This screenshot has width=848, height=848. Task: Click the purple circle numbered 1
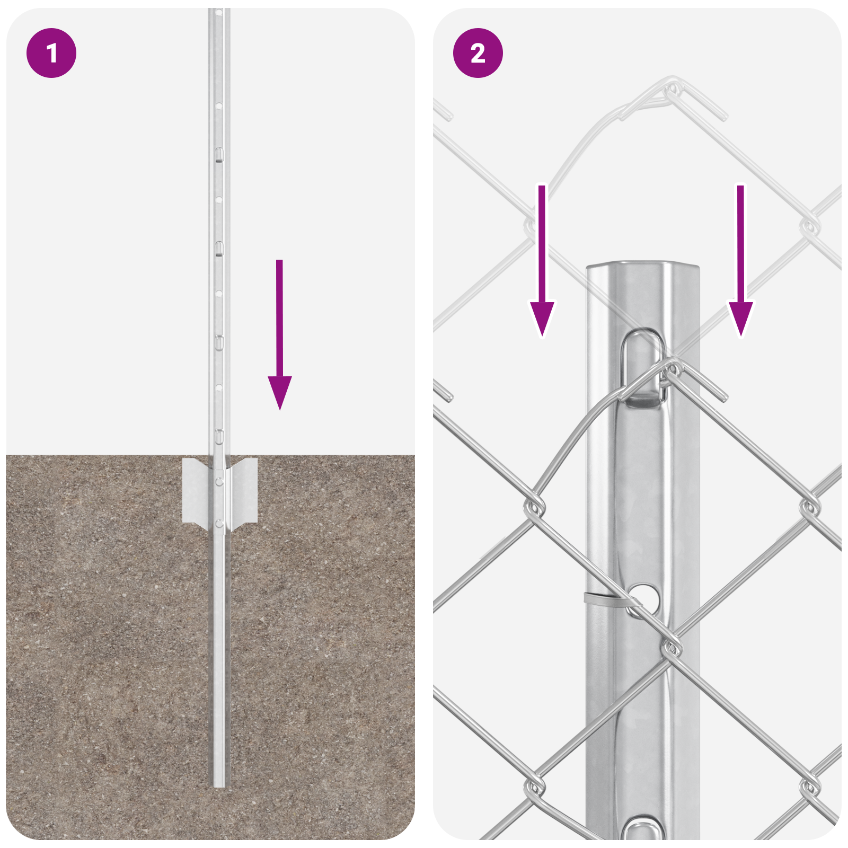[51, 53]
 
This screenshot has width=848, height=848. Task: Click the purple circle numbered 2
[478, 53]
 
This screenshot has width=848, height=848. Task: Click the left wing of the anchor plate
[196, 491]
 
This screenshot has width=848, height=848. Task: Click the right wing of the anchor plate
[245, 491]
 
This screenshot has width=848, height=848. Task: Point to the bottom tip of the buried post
[219, 785]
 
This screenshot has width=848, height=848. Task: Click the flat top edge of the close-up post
[642, 265]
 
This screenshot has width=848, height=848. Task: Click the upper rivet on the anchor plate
[219, 481]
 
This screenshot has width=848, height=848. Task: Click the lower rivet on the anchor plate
[219, 524]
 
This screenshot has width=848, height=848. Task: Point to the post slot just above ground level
[218, 437]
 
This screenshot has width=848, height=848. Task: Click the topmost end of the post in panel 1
[219, 11]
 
